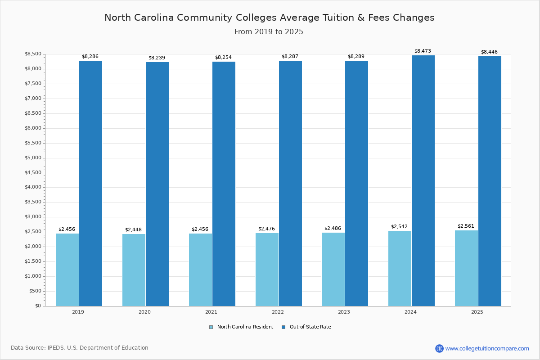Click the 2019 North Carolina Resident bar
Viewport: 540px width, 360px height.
click(x=67, y=270)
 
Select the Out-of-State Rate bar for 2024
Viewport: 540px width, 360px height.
click(x=423, y=181)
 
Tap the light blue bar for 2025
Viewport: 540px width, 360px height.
click(x=466, y=268)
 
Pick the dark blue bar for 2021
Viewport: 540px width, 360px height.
click(x=224, y=184)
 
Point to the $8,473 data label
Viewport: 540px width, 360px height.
click(x=423, y=51)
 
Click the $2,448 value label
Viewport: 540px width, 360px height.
click(x=133, y=229)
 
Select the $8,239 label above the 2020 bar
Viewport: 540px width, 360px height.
click(x=157, y=58)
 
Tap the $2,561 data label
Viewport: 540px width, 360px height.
click(x=466, y=226)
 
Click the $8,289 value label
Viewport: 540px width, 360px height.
click(x=356, y=56)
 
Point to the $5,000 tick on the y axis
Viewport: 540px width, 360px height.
click(x=33, y=158)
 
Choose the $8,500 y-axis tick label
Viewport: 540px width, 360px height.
click(x=33, y=54)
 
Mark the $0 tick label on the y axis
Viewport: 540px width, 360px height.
click(x=38, y=306)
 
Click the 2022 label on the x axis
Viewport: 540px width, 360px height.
click(x=278, y=312)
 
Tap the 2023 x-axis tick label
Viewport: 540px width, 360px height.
click(x=344, y=312)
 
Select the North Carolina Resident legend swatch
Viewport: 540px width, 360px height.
click(x=211, y=327)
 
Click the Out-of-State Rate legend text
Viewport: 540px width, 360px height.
click(x=310, y=327)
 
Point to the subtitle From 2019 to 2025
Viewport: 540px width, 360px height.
click(x=269, y=32)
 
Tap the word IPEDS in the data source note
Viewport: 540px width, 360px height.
click(x=56, y=348)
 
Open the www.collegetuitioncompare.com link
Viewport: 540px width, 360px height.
click(x=487, y=348)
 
